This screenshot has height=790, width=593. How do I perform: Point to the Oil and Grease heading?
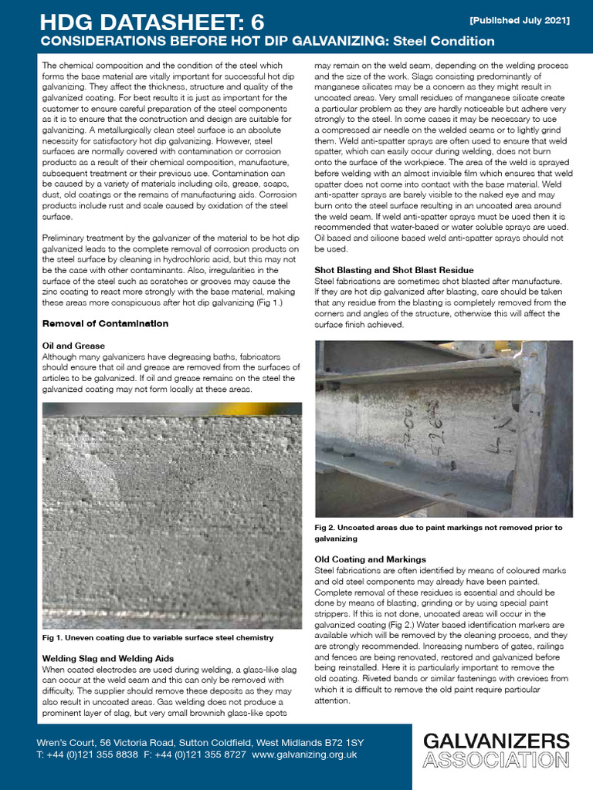click(73, 346)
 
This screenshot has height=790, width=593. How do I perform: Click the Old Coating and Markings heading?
click(370, 559)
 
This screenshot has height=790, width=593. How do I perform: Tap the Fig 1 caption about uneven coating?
click(158, 638)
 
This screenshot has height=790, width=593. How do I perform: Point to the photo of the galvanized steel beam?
click(443, 429)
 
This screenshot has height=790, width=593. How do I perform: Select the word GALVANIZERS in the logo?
click(496, 742)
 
